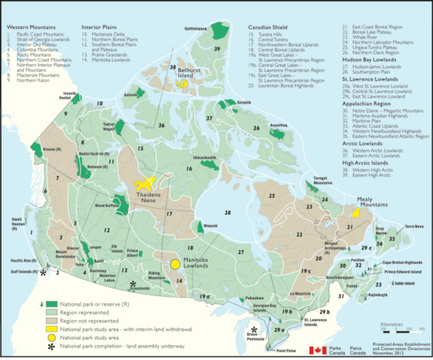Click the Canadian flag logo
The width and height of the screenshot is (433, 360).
tap(317, 351)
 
